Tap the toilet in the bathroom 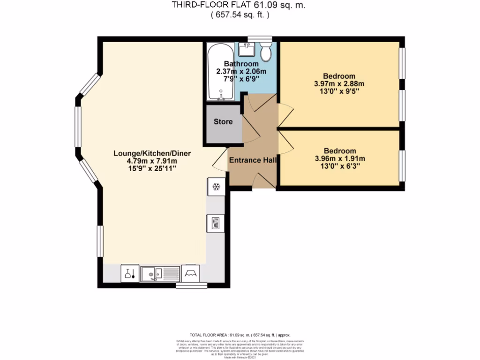point(266,52)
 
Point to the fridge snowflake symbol point(216,187)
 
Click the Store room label point(223,122)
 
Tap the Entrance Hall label point(252,160)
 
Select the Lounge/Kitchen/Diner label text point(152,153)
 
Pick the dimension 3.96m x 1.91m point(340,159)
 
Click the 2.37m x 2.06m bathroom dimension point(241,72)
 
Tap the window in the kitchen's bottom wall point(191,285)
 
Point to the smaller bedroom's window point(402,165)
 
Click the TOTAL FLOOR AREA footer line point(240,335)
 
